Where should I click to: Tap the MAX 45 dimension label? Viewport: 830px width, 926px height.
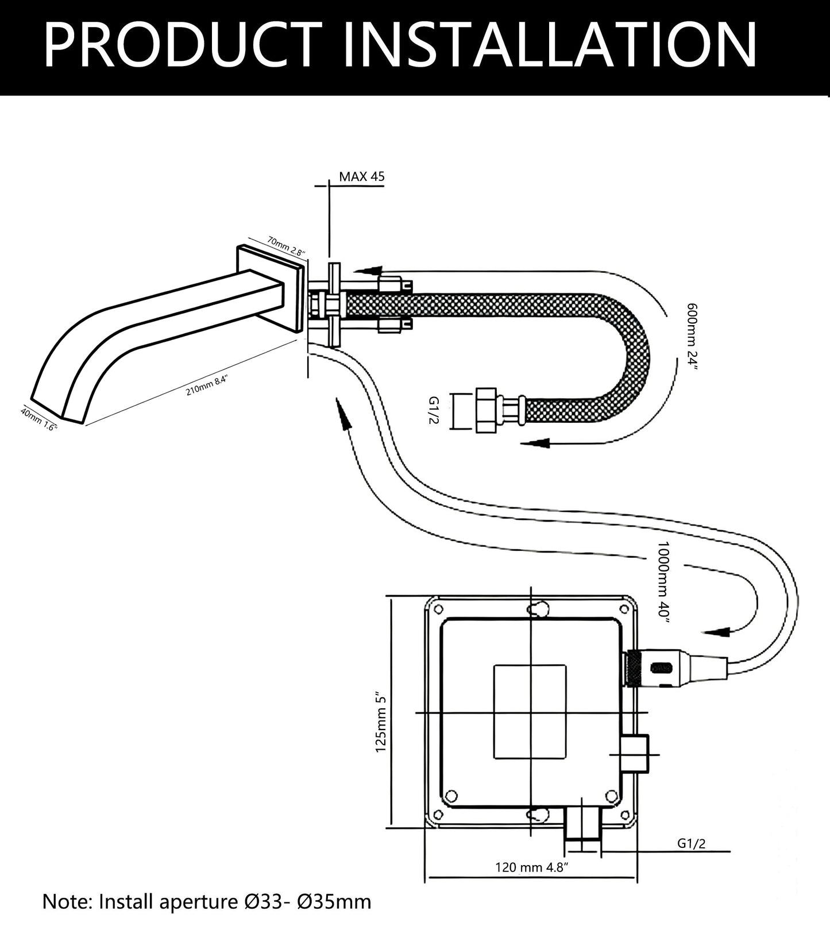pos(361,176)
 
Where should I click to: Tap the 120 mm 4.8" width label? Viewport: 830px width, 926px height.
pos(531,867)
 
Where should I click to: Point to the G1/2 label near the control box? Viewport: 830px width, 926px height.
pos(691,843)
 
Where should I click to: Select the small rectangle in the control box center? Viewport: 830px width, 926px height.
pos(530,711)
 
